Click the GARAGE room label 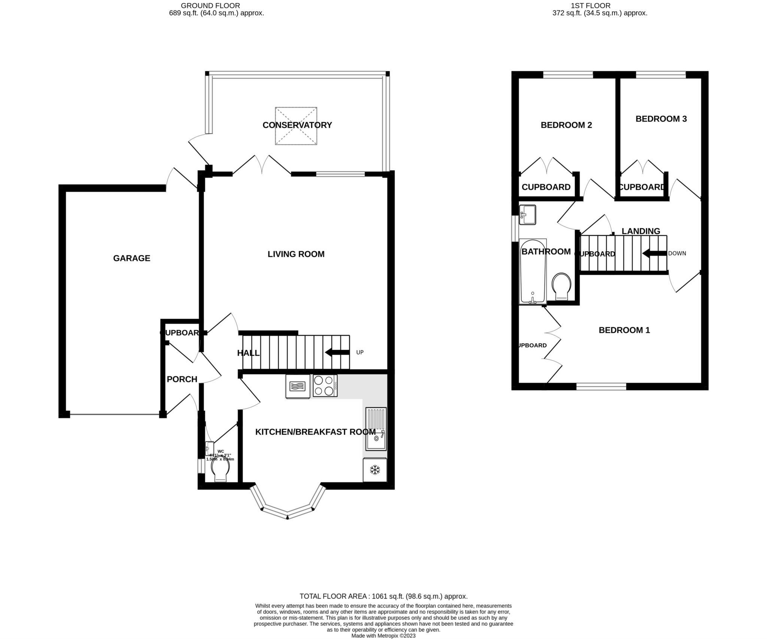131,258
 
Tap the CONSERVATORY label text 297,125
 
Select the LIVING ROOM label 296,254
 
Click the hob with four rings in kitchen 325,386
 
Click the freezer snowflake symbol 374,470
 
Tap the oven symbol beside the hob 298,386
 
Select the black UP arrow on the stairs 336,352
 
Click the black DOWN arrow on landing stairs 654,253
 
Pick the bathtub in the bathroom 533,271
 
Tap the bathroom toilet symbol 561,286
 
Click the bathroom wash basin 527,215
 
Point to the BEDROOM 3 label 661,119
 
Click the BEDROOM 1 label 624,330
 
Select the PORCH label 182,379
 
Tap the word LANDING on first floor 640,231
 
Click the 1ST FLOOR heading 590,6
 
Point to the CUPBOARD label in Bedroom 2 546,187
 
